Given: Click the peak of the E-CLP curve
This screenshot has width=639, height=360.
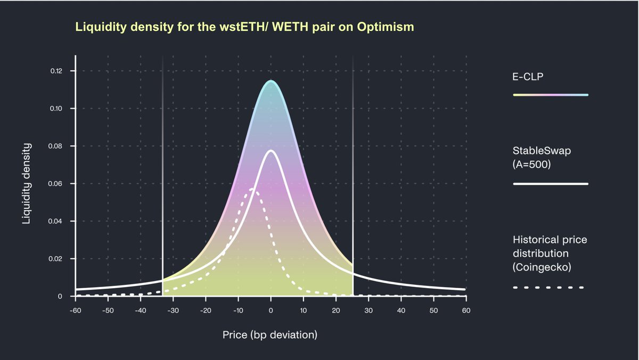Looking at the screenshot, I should (x=271, y=81).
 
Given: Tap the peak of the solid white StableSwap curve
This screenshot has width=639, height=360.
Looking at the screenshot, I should (x=271, y=151).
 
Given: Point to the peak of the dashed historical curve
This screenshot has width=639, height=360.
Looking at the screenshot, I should (x=253, y=190).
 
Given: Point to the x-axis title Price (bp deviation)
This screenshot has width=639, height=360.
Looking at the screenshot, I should (x=270, y=335).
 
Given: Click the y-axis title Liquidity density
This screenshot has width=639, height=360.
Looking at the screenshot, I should (x=26, y=184).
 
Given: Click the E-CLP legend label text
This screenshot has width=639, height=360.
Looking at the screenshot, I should (x=528, y=76).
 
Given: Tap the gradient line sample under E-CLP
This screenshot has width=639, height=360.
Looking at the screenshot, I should (x=550, y=95).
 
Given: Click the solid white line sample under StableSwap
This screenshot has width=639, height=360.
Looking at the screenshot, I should (x=550, y=184).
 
